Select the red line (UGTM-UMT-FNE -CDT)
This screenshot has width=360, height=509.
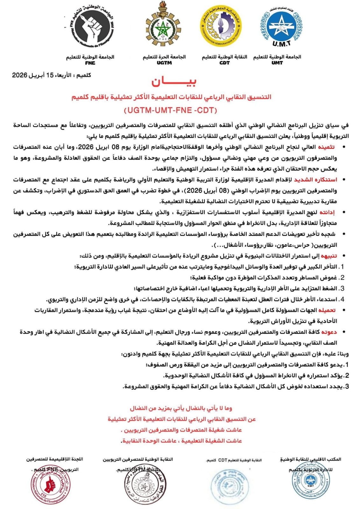[170, 110]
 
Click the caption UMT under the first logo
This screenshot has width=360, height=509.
[277, 63]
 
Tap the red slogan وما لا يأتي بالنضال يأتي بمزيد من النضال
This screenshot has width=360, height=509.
[181, 408]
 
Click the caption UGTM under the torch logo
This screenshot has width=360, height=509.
[164, 63]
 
